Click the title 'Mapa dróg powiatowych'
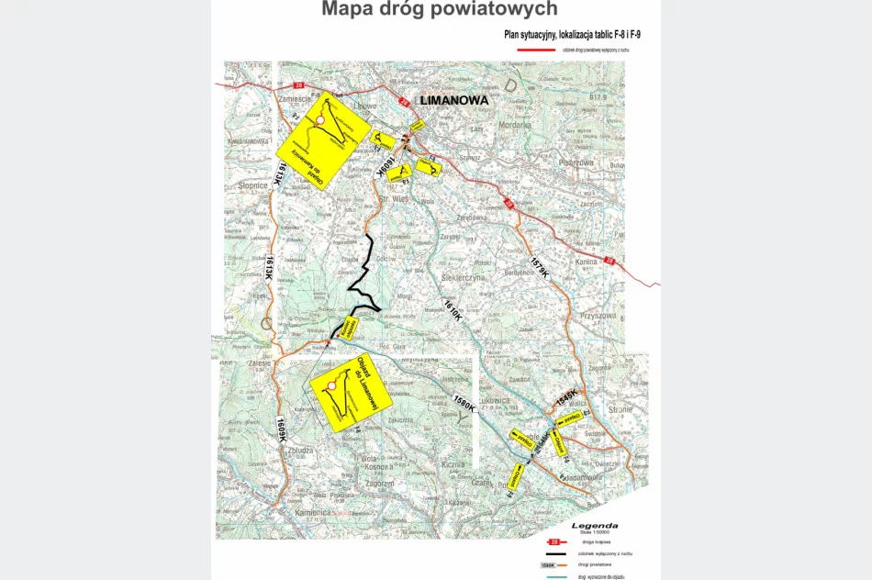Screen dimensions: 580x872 pos(439,10)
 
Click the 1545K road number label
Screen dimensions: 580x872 pos(566,396)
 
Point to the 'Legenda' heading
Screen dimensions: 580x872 pos(594,526)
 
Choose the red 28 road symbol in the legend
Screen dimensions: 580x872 pos(553,543)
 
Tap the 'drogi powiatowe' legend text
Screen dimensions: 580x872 pos(598,565)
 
